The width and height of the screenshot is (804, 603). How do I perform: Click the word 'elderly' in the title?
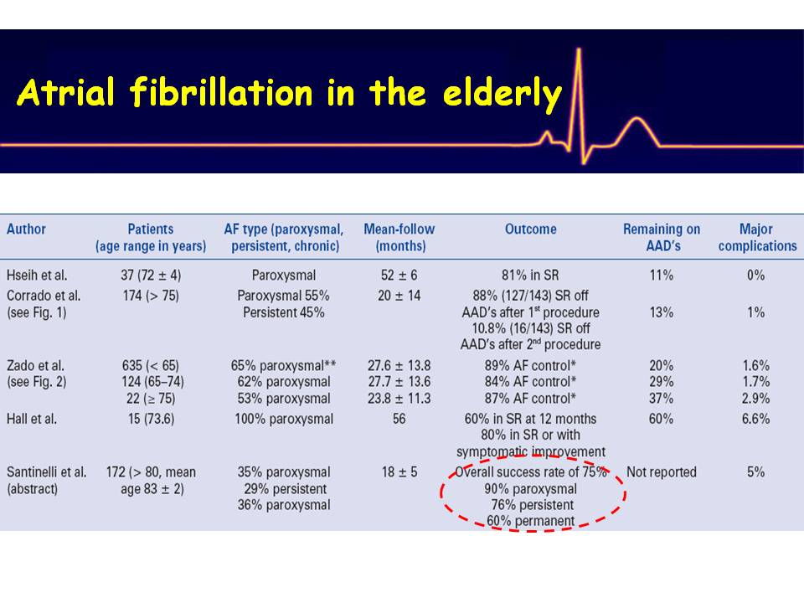pyautogui.click(x=502, y=95)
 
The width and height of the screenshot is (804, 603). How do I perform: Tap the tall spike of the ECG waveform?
pyautogui.click(x=579, y=102)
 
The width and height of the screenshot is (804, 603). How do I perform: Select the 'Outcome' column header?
pyautogui.click(x=531, y=229)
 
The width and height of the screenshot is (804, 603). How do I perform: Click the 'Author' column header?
pyautogui.click(x=26, y=229)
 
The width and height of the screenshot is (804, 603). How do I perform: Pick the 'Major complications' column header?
pyautogui.click(x=757, y=237)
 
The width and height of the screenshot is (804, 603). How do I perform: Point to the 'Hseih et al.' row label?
pyautogui.click(x=37, y=276)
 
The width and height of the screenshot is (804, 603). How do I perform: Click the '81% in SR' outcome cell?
pyautogui.click(x=530, y=276)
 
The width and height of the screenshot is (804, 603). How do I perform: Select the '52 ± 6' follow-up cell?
pyautogui.click(x=399, y=276)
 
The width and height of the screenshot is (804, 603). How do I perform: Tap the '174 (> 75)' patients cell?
pyautogui.click(x=151, y=296)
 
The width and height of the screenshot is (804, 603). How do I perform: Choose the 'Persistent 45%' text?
pyautogui.click(x=284, y=312)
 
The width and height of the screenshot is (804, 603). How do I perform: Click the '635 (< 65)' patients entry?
pyautogui.click(x=150, y=366)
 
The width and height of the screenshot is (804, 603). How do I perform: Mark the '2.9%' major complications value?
pyautogui.click(x=755, y=399)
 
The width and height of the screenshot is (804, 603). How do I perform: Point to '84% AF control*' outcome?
pyautogui.click(x=530, y=382)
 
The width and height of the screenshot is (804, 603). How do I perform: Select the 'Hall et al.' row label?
pyautogui.click(x=32, y=419)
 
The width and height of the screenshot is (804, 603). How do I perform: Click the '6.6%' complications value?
pyautogui.click(x=755, y=419)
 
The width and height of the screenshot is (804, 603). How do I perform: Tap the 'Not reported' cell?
pyautogui.click(x=662, y=472)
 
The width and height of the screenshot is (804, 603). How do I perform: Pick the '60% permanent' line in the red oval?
pyautogui.click(x=531, y=521)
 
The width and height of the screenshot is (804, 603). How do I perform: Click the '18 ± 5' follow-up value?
pyautogui.click(x=399, y=472)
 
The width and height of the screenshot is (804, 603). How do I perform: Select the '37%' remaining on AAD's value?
pyautogui.click(x=662, y=399)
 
